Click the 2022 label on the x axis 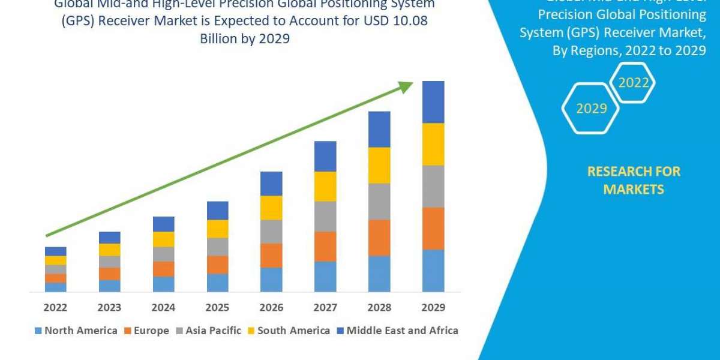pyautogui.click(x=55, y=307)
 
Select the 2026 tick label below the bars pyautogui.click(x=271, y=307)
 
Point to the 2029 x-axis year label pyautogui.click(x=433, y=307)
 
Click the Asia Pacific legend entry pyautogui.click(x=208, y=330)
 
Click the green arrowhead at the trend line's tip pyautogui.click(x=406, y=87)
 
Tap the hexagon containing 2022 pyautogui.click(x=633, y=83)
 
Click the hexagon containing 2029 pyautogui.click(x=592, y=108)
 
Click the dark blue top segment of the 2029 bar pyautogui.click(x=433, y=102)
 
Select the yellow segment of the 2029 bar pyautogui.click(x=433, y=144)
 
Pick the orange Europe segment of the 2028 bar pyautogui.click(x=379, y=238)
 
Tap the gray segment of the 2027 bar pyautogui.click(x=325, y=216)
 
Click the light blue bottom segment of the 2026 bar pyautogui.click(x=271, y=280)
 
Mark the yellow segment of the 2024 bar pyautogui.click(x=163, y=239)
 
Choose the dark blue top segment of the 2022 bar pyautogui.click(x=55, y=251)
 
